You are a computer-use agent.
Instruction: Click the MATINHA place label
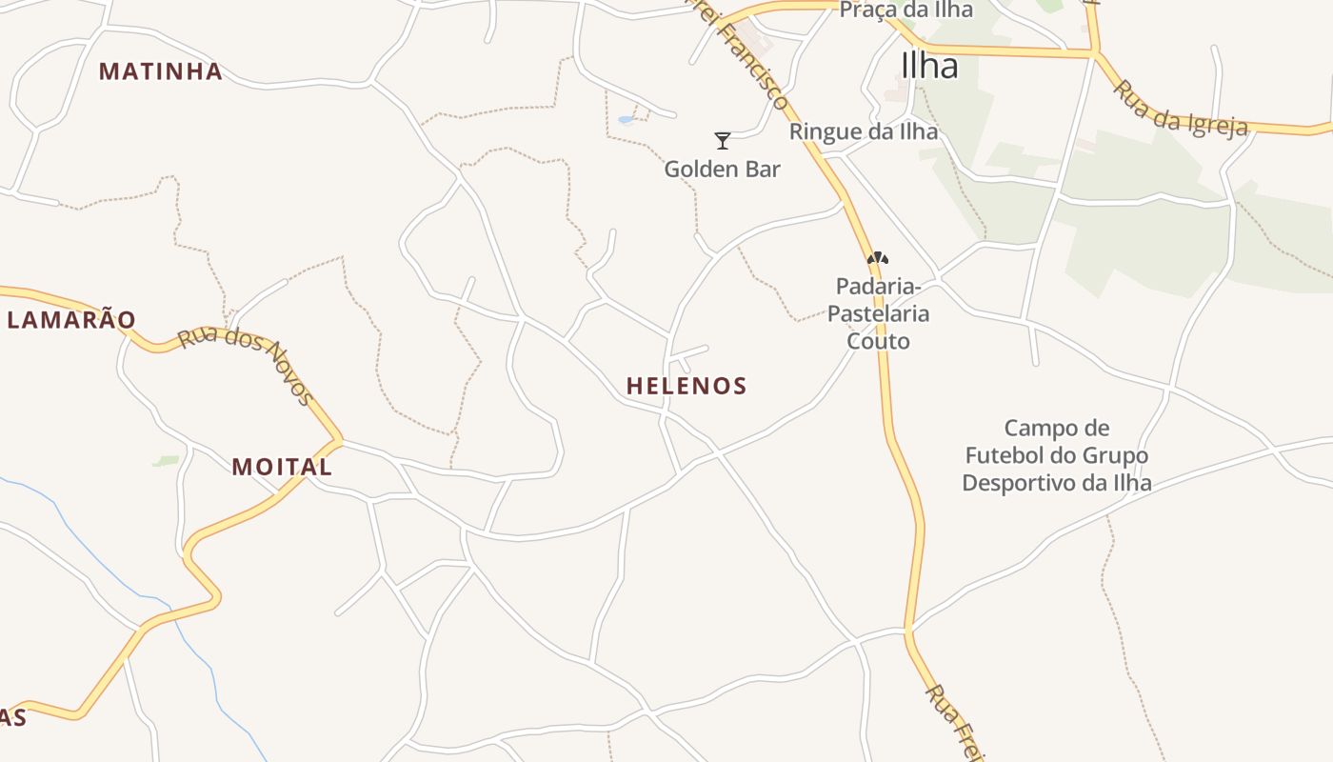[161, 71]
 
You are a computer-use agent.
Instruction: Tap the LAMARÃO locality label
[71, 320]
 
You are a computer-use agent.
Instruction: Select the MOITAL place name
[282, 467]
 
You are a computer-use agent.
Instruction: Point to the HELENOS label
[686, 386]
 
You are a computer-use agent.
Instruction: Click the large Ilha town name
[929, 66]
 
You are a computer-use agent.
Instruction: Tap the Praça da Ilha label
[906, 10]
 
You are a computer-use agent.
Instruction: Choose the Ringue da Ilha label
[864, 131]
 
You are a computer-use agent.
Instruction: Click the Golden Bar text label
[722, 170]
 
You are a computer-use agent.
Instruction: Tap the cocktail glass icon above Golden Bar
[723, 141]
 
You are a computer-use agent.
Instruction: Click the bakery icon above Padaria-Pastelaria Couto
[878, 258]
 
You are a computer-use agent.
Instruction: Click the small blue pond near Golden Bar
[626, 120]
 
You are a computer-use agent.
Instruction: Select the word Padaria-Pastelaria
[878, 299]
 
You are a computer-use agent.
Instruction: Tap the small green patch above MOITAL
[166, 461]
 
